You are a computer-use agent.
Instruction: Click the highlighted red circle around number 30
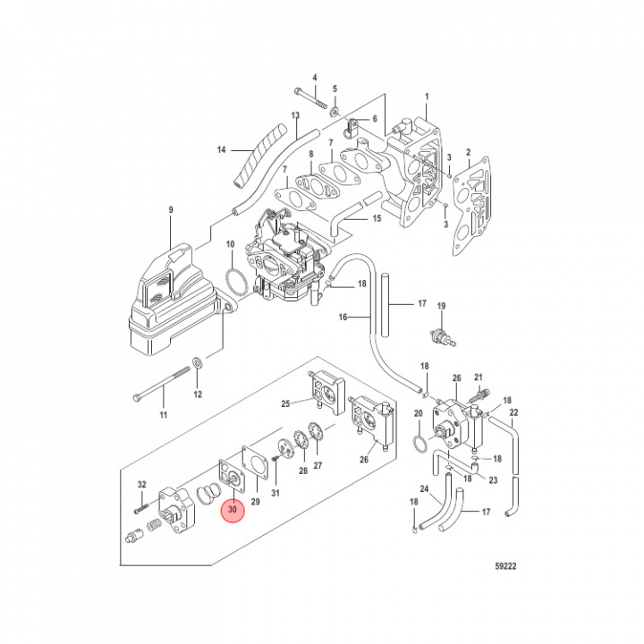[233, 510]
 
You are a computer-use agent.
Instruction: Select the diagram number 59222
[506, 564]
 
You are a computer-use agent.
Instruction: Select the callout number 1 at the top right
[427, 97]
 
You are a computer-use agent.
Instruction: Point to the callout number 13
[294, 116]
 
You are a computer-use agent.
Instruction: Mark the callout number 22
[513, 412]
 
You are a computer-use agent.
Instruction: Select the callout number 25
[286, 404]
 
